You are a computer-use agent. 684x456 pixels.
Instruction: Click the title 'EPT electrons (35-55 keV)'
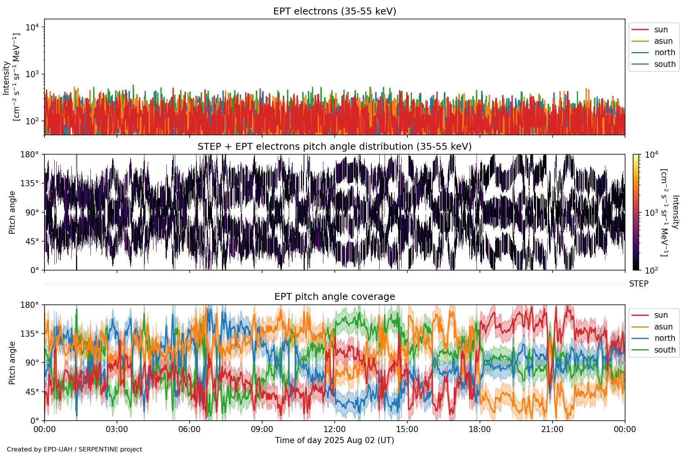334,11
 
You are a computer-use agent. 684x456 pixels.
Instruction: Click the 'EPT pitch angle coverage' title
334,297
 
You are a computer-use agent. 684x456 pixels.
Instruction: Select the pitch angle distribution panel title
334,147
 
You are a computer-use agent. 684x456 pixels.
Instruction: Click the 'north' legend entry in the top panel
664,52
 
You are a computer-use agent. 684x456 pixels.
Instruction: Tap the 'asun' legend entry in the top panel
663,41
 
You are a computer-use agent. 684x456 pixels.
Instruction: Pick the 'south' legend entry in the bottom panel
665,350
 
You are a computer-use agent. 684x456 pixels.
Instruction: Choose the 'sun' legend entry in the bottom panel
661,315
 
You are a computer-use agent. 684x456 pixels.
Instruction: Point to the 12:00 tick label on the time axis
334,429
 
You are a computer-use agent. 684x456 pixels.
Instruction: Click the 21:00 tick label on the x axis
552,429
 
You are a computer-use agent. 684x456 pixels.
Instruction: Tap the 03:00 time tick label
117,429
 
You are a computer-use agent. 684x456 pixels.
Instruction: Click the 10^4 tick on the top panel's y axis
32,27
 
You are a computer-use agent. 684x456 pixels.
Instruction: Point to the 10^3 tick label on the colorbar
651,212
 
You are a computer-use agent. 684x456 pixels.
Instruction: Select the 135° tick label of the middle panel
30,184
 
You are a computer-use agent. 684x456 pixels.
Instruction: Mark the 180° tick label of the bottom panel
30,305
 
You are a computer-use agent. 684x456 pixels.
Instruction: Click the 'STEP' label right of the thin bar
638,284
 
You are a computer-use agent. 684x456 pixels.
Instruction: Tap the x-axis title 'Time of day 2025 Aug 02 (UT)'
334,440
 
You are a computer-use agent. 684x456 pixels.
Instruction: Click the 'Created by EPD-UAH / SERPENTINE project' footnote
74,449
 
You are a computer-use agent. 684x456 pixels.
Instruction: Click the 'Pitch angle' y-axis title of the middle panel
12,212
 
